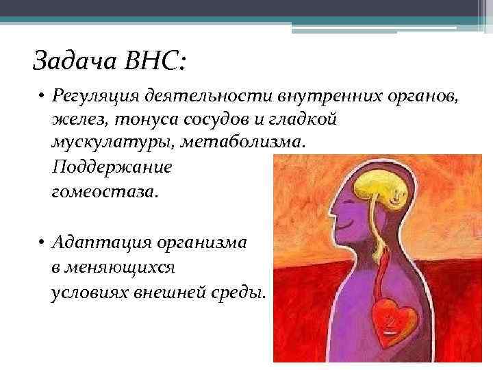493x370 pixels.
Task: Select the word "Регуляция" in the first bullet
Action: (90, 99)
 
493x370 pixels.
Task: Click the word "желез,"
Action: (72, 120)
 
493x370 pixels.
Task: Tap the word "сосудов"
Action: (198, 120)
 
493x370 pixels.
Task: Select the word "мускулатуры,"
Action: (100, 142)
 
